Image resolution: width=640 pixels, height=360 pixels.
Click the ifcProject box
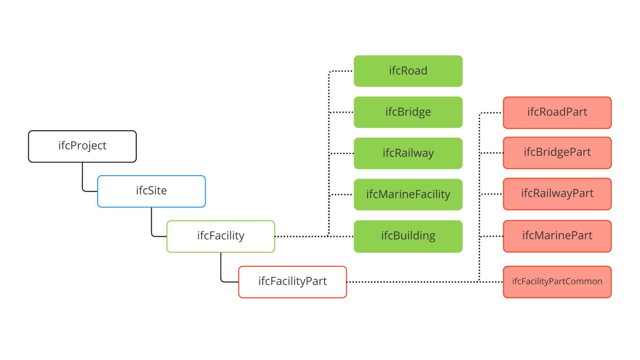pyautogui.click(x=82, y=146)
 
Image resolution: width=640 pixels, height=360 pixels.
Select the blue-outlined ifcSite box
pyautogui.click(x=151, y=191)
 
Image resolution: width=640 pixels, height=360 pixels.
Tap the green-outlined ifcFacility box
pyautogui.click(x=220, y=236)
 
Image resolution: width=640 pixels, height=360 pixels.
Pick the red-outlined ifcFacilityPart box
pyautogui.click(x=292, y=282)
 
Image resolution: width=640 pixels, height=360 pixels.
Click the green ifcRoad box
pyautogui.click(x=408, y=71)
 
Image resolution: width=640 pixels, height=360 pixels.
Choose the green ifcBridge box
pyautogui.click(x=408, y=112)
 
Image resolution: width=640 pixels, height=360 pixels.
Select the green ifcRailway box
pyautogui.click(x=408, y=153)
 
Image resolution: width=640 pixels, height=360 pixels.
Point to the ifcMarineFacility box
pyautogui.click(x=408, y=195)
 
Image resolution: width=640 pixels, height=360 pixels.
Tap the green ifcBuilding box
pyautogui.click(x=408, y=236)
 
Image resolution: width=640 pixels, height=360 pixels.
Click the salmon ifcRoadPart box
pyautogui.click(x=557, y=112)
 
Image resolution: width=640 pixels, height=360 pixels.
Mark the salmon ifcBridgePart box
pyautogui.click(x=557, y=153)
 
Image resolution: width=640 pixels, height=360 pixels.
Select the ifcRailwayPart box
pyautogui.click(x=557, y=194)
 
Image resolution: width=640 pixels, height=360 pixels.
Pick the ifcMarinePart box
pyautogui.click(x=557, y=236)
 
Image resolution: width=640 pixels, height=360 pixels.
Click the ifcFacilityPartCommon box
pyautogui.click(x=557, y=282)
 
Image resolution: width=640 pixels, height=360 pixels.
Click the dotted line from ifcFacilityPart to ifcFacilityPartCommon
pyautogui.click(x=417, y=282)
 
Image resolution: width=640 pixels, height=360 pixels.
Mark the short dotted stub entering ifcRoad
pyautogui.click(x=342, y=71)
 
